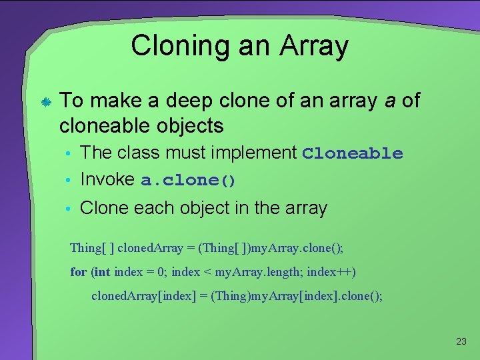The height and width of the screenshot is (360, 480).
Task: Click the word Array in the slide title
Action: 313,47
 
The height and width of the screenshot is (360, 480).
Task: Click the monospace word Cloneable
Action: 352,153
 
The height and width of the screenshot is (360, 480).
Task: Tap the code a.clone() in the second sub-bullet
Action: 189,181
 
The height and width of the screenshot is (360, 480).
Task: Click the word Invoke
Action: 108,179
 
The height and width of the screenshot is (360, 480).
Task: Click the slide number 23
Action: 461,341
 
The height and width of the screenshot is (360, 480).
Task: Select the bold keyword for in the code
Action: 78,272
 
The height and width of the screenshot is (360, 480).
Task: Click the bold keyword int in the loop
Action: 102,272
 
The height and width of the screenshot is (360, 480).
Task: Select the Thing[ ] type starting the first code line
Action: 92,248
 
